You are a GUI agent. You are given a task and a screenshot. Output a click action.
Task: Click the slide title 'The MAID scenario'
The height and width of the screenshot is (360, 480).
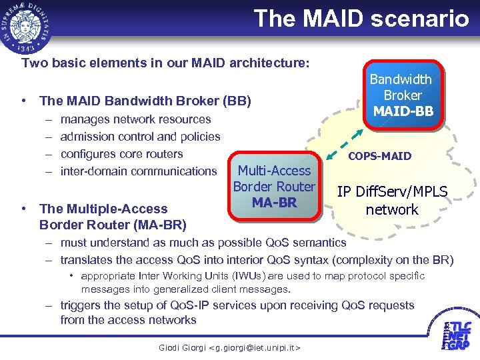click(x=361, y=18)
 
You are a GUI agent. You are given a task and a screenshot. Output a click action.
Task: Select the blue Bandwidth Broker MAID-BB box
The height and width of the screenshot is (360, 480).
click(x=401, y=95)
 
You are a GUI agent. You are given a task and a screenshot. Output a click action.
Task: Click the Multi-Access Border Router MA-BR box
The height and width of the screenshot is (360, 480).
click(x=274, y=187)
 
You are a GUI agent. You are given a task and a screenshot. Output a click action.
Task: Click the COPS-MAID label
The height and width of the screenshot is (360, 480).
click(x=381, y=156)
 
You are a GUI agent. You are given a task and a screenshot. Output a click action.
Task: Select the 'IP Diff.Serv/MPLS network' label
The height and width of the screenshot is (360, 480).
click(x=392, y=201)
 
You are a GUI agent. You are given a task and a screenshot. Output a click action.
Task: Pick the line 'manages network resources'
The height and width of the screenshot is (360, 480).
click(x=135, y=119)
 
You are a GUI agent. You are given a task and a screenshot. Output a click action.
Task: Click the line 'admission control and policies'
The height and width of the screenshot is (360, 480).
click(x=140, y=137)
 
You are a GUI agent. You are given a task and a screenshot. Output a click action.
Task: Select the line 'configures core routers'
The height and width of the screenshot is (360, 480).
click(x=121, y=154)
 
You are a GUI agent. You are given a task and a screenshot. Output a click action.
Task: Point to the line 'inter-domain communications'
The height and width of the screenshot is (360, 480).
click(x=139, y=171)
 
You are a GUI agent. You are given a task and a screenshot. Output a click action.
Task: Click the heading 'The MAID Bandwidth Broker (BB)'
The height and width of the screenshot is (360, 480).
click(x=145, y=101)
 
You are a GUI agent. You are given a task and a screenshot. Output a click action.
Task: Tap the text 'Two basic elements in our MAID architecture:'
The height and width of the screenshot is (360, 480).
click(x=165, y=63)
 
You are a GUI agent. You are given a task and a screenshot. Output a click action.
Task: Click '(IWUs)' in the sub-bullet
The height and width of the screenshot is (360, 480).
click(x=237, y=276)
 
